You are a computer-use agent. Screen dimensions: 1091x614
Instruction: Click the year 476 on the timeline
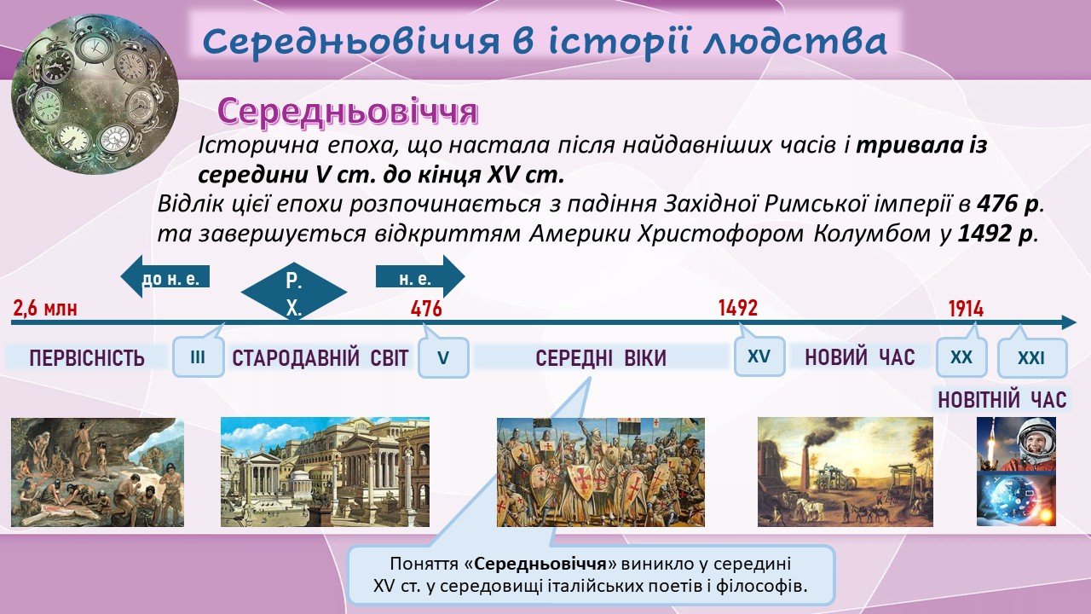(426, 309)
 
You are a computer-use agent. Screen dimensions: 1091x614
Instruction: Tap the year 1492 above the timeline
(738, 308)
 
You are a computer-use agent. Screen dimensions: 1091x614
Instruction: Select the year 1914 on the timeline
(966, 309)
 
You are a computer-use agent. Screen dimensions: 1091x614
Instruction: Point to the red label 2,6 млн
(45, 309)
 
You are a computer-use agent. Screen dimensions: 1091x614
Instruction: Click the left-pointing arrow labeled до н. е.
(165, 276)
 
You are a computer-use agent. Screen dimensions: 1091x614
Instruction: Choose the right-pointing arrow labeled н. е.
(420, 276)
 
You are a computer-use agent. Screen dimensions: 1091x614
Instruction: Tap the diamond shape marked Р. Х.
(294, 293)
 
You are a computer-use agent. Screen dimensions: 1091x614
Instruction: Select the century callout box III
(199, 357)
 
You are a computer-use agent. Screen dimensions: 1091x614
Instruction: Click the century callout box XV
(759, 356)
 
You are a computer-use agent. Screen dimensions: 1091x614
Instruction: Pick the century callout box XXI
(1032, 358)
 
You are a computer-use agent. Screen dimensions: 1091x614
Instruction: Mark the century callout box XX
(961, 357)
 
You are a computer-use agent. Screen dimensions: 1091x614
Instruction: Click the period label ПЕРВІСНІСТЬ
(87, 358)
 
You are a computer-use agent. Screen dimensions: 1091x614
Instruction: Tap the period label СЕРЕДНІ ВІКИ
(601, 358)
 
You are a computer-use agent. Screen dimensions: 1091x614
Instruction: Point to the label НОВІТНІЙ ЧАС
(1002, 400)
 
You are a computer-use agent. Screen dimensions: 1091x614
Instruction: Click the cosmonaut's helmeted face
(1036, 443)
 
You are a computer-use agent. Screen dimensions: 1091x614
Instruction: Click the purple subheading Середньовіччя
(347, 112)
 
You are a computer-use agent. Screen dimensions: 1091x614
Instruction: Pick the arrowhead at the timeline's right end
(1069, 322)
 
